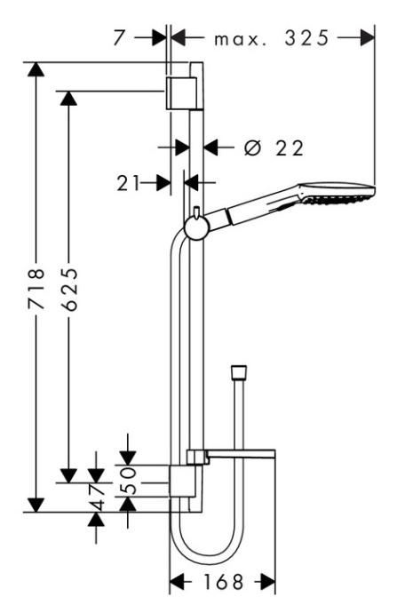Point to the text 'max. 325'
pyautogui.click(x=272, y=39)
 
